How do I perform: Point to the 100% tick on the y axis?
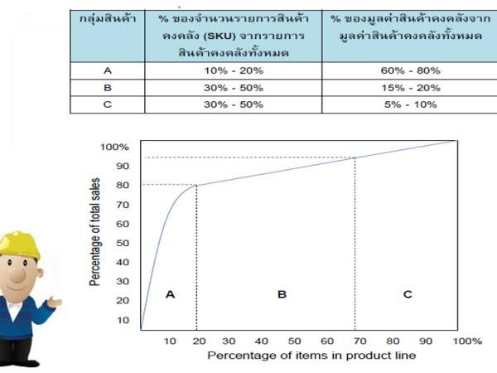114,147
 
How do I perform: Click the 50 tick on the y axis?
123,243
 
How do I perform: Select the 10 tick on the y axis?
123,320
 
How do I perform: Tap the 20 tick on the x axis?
199,341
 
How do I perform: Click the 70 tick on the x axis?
355,341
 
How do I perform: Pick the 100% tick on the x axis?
466,341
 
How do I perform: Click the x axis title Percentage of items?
311,356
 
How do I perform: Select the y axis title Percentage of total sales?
95,236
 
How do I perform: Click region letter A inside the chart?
170,293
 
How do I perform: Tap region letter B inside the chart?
282,293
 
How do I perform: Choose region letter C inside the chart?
406,293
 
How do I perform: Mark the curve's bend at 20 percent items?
196,185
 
